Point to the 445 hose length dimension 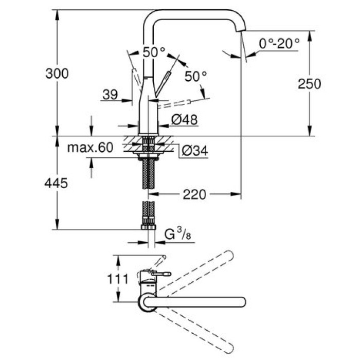coord(57,183)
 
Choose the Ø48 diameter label coord(183,120)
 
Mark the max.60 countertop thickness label coord(90,148)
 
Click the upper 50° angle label coord(154,52)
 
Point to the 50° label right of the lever coord(195,76)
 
